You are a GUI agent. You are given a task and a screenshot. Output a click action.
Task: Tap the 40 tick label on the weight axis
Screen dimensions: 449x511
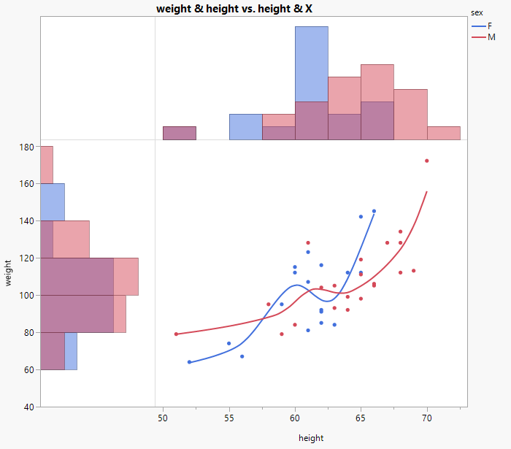(28, 407)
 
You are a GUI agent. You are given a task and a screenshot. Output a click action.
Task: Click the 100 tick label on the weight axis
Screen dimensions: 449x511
(26, 295)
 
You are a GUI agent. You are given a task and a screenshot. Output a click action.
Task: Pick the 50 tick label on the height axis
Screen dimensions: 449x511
(163, 419)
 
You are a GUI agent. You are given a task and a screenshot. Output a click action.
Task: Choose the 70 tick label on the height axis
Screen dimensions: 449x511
(427, 419)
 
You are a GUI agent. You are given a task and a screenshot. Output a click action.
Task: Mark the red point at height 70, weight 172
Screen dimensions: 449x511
(427, 161)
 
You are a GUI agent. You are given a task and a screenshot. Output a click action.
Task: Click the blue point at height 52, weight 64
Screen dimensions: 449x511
(189, 362)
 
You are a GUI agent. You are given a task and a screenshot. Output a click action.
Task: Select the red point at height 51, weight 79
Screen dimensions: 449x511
(176, 334)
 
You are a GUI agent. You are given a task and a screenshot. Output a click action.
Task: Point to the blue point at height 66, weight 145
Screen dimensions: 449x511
(374, 211)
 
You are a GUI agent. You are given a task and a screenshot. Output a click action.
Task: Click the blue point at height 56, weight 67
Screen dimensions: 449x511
(242, 356)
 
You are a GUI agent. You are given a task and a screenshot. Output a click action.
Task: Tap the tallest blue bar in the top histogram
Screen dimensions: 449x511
(312, 64)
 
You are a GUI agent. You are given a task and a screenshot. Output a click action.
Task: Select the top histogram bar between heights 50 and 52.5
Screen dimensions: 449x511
(179, 133)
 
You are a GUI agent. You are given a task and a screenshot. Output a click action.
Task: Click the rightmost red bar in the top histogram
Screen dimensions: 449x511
(444, 133)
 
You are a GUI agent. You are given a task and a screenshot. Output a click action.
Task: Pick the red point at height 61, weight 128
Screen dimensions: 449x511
(308, 242)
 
